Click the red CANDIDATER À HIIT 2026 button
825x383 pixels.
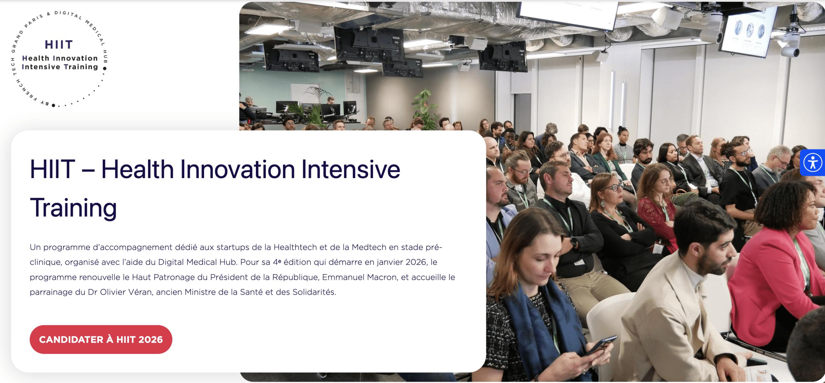tap(101, 340)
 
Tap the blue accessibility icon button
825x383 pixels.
tap(813, 162)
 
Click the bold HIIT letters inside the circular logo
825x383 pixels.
tap(59, 45)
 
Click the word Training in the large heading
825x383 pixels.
tap(73, 208)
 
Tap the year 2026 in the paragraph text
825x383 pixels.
tap(416, 262)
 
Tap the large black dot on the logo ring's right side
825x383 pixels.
tap(104, 68)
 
